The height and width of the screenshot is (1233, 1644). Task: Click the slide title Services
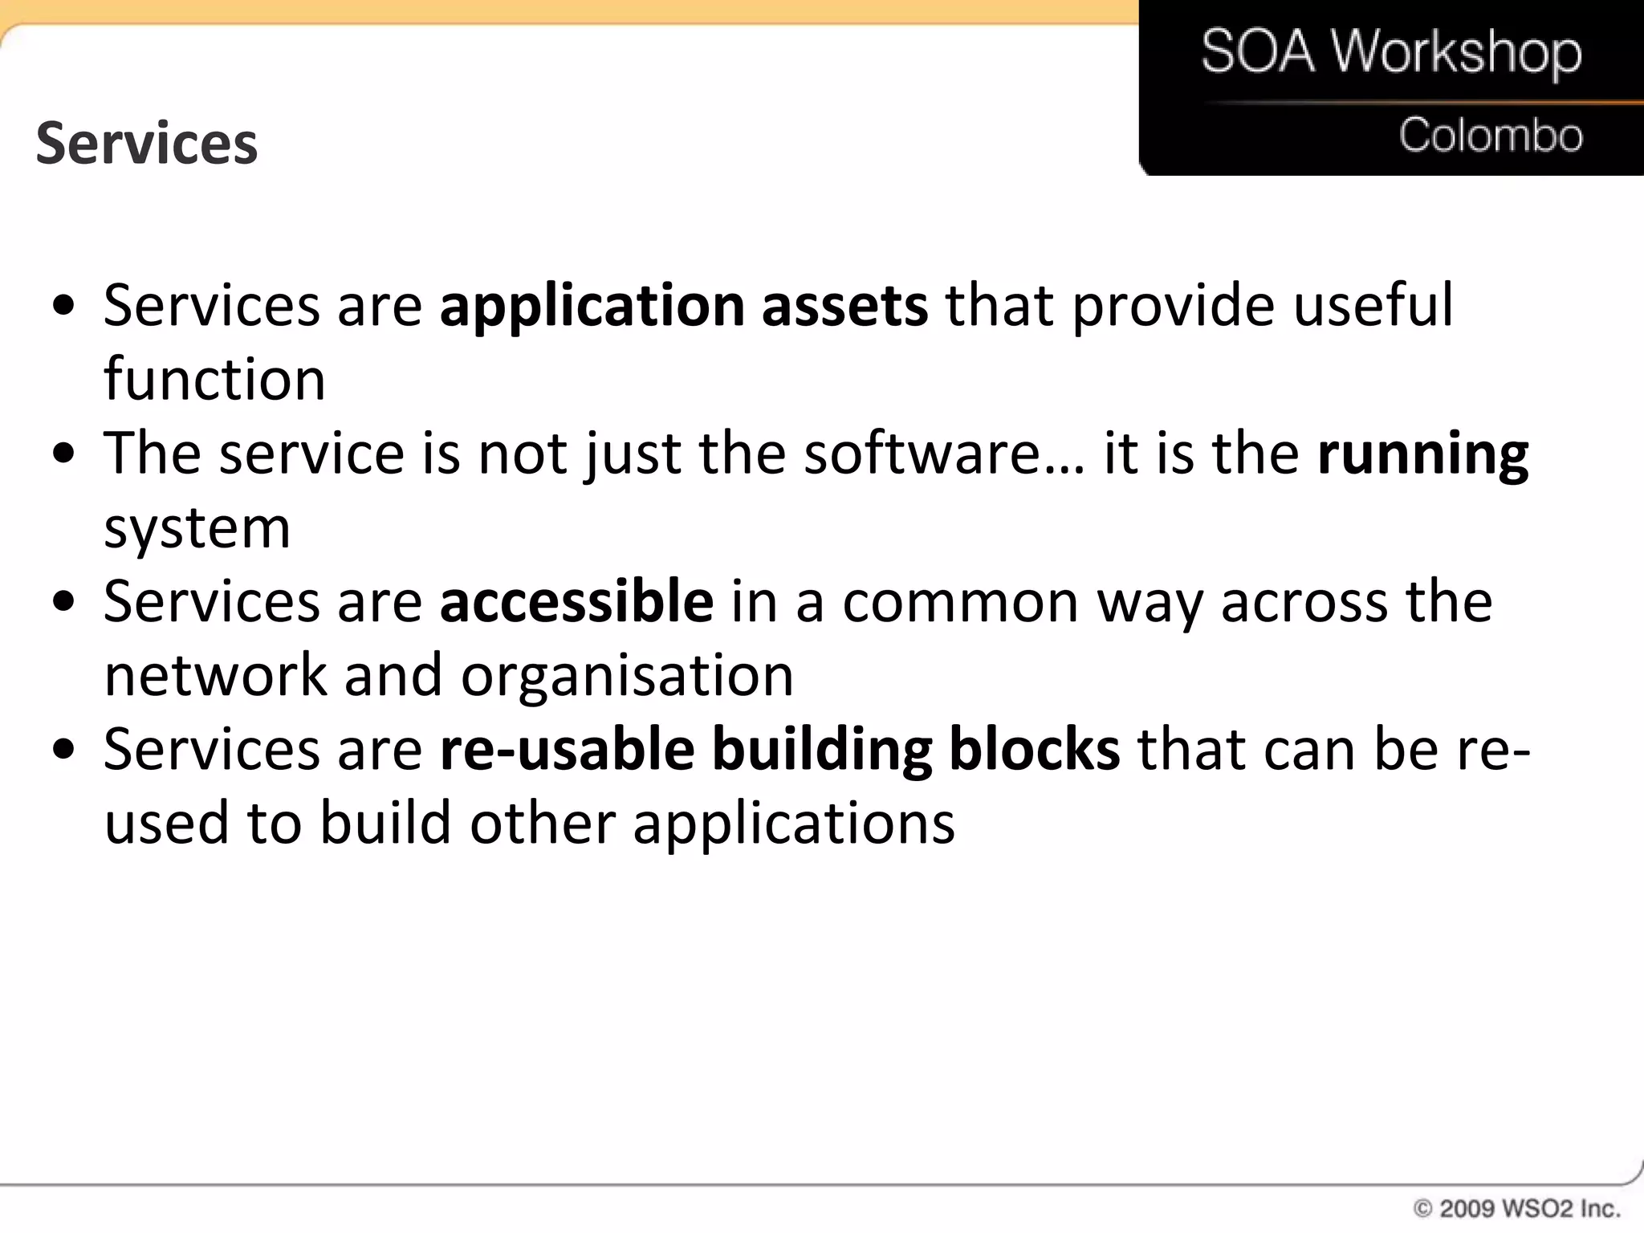click(147, 144)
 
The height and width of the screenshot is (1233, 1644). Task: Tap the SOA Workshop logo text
click(1391, 52)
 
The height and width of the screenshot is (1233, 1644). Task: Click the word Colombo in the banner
click(1491, 135)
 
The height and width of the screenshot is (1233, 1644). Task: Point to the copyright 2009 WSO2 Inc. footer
click(1516, 1208)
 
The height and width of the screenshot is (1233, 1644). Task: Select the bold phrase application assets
click(684, 307)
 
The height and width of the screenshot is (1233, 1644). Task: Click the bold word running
click(1422, 454)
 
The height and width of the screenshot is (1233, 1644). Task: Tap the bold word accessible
click(576, 601)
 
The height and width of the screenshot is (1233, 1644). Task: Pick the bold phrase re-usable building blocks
click(779, 750)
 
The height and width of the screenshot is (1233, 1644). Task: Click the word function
click(214, 380)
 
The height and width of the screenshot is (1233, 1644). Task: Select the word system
click(197, 529)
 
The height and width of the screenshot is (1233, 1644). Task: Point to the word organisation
click(627, 676)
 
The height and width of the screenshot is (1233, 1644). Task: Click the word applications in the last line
click(794, 824)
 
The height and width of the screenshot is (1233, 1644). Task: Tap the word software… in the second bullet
click(944, 454)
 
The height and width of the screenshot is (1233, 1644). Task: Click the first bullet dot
click(63, 307)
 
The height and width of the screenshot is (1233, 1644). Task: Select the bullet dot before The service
click(63, 454)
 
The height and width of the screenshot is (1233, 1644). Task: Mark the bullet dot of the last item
click(63, 750)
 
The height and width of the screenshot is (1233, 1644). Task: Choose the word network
click(216, 676)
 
